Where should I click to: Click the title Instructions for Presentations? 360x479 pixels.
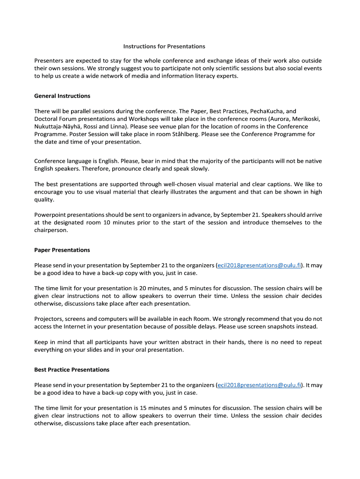164,46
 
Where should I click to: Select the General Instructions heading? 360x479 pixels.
62,96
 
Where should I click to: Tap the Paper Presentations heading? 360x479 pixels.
62,250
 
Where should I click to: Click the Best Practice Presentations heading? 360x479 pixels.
72,370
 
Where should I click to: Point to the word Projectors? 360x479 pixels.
49,319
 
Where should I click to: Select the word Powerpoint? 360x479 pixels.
50,215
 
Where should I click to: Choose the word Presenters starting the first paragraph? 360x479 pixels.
50,61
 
